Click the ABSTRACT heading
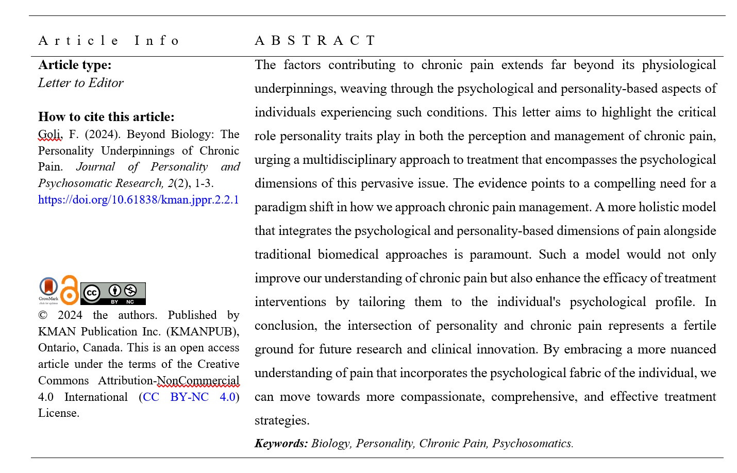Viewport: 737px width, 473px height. point(315,41)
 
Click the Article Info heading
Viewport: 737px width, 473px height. point(109,41)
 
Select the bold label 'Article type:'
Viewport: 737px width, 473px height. point(75,65)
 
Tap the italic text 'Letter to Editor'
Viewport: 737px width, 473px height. point(81,83)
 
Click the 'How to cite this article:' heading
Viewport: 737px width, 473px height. point(106,117)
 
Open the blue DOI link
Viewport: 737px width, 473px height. point(138,200)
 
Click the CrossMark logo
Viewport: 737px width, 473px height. point(48,290)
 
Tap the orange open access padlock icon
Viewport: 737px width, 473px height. point(70,290)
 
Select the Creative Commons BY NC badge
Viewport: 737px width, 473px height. point(113,293)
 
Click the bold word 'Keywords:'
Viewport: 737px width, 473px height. point(281,444)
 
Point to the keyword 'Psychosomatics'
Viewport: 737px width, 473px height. point(532,444)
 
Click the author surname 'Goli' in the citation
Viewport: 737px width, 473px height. point(49,134)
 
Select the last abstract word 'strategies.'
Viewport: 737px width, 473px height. point(282,420)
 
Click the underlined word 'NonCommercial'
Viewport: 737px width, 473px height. point(198,381)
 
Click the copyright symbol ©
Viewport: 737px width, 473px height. point(43,315)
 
